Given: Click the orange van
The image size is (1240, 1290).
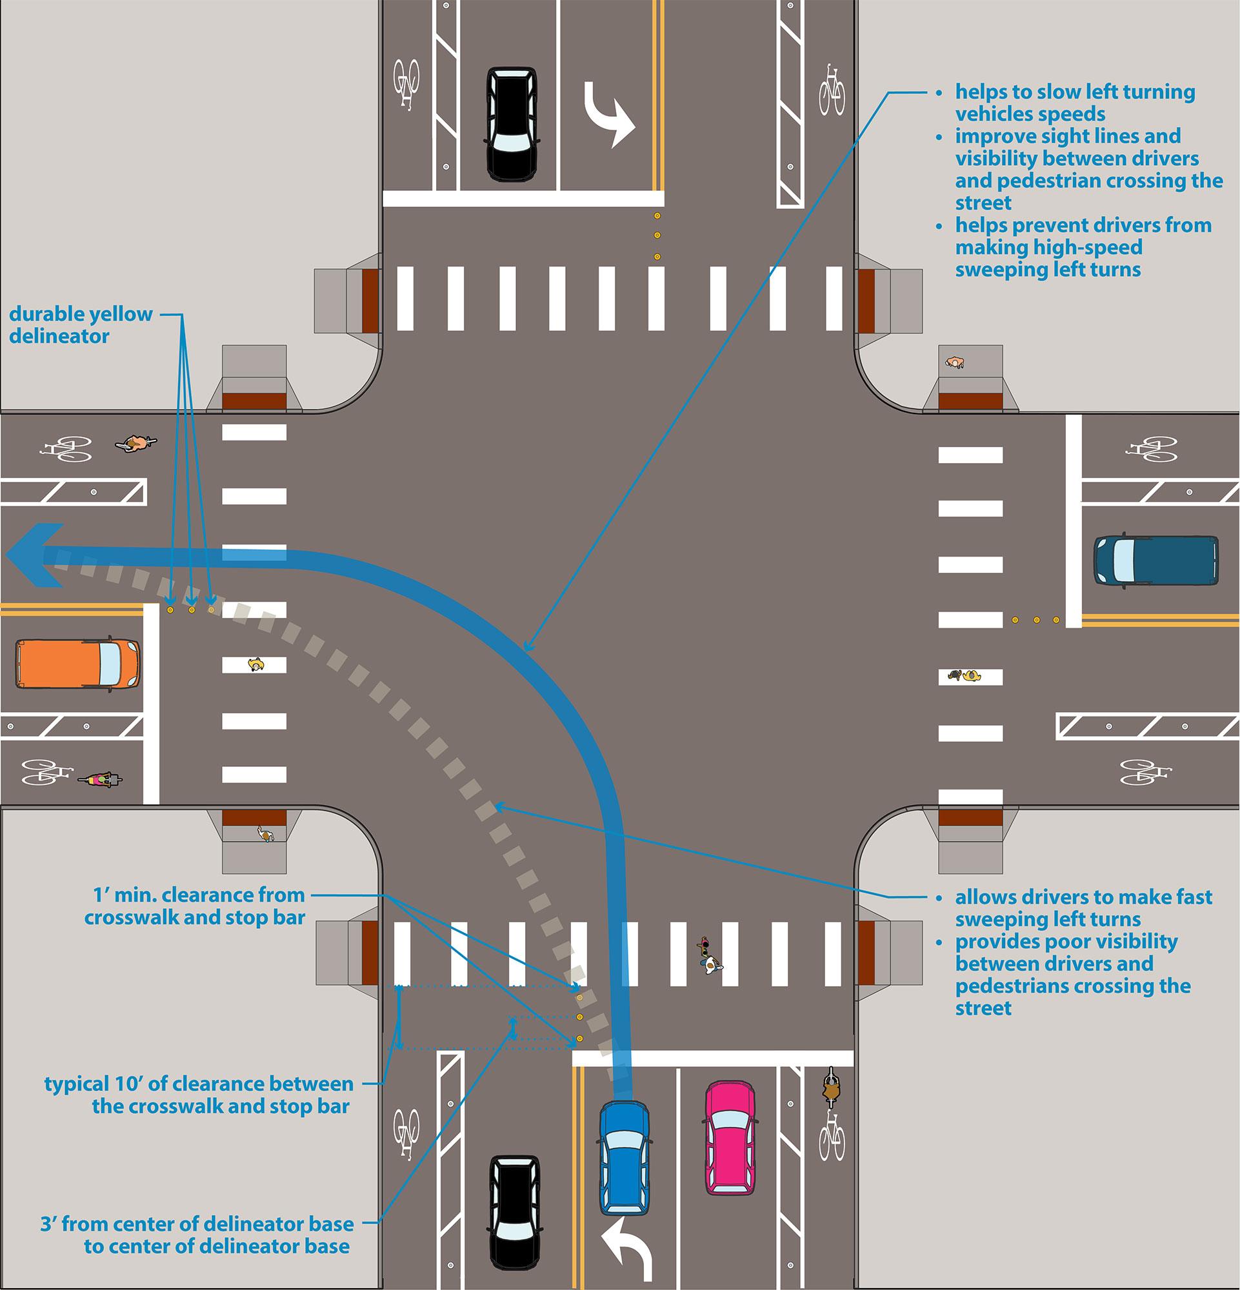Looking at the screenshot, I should (77, 664).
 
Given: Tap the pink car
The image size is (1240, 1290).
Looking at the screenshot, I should (730, 1137).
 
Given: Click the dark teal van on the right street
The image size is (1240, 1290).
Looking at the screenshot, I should (1155, 560).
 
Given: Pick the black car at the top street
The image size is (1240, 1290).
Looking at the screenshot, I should (512, 124).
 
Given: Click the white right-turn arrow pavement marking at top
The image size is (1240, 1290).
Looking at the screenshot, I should (609, 114).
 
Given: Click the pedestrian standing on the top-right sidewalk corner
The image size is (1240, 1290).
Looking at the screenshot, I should (954, 362).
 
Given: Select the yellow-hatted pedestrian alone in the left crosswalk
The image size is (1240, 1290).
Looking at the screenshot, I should (255, 665).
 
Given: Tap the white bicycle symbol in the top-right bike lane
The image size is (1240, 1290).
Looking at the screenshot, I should (832, 90).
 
